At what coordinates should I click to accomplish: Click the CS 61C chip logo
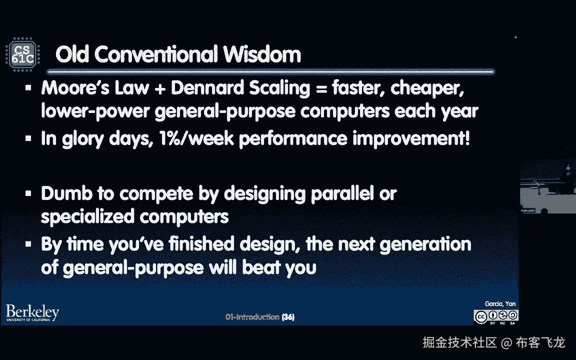click(x=23, y=54)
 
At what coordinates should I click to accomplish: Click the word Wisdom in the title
click(x=262, y=54)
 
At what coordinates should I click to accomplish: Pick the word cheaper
click(x=427, y=88)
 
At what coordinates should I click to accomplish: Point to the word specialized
click(x=87, y=216)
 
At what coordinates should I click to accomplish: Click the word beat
click(x=261, y=267)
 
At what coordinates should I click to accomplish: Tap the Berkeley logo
click(x=32, y=313)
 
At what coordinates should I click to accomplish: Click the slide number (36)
click(x=288, y=317)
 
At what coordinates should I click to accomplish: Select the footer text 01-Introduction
click(x=252, y=317)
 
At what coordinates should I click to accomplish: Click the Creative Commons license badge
click(x=496, y=317)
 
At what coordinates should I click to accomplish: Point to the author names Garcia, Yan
click(x=500, y=304)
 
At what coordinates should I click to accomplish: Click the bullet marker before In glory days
click(x=28, y=138)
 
